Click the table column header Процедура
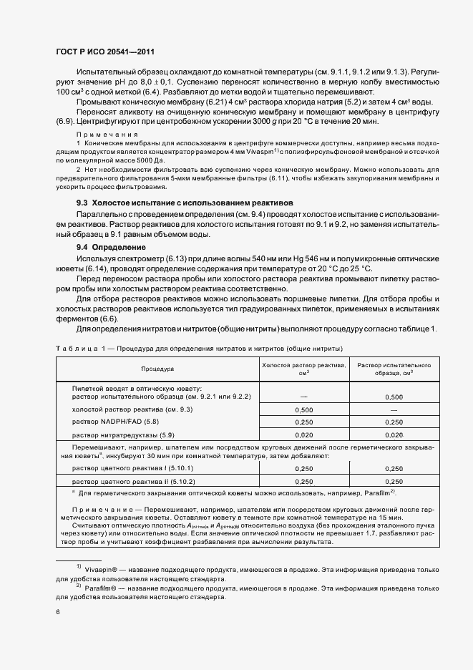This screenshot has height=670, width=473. tap(157, 369)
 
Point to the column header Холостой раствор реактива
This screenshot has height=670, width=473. tap(303, 369)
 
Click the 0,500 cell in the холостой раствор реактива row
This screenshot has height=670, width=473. tap(303, 409)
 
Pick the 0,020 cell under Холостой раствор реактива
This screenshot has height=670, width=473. tap(303, 435)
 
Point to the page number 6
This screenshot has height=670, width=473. tap(57, 612)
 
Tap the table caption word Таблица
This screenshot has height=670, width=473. tap(75, 348)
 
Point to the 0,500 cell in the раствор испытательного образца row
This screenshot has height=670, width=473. tap(394, 396)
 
